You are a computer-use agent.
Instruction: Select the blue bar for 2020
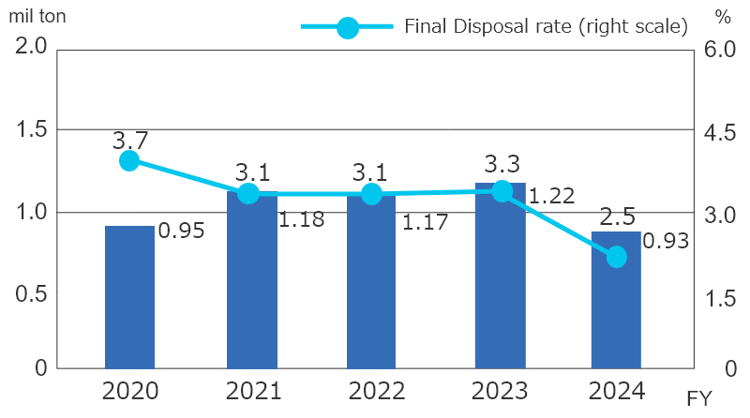point(129,297)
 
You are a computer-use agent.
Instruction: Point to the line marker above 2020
point(129,160)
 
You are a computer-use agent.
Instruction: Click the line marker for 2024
point(616,257)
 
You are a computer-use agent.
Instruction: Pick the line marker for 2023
point(502,191)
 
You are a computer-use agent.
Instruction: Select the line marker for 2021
point(248,194)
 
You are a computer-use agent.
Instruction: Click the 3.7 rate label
point(129,141)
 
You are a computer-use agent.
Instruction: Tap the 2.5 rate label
point(617,218)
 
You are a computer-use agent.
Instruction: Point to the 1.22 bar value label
point(551,197)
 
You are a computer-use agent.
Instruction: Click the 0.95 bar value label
point(181,231)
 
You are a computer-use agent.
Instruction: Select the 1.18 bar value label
point(303,221)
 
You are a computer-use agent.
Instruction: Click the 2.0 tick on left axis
point(31,47)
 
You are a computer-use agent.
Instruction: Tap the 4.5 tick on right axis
point(719,132)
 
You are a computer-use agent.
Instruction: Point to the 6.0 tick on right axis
point(719,49)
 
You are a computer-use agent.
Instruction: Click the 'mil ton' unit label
point(37,16)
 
